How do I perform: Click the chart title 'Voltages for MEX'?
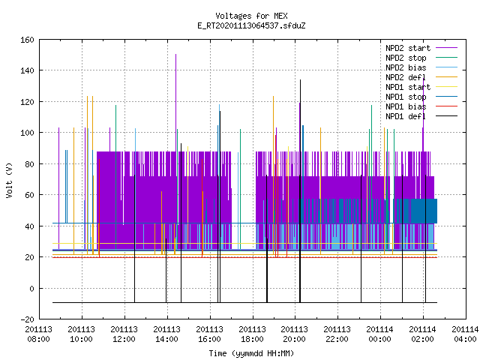pyautogui.click(x=251, y=16)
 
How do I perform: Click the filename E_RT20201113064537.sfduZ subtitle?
pyautogui.click(x=251, y=25)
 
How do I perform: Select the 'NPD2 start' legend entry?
pyautogui.click(x=421, y=48)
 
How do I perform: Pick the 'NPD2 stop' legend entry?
pyautogui.click(x=421, y=58)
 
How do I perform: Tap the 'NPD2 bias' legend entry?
pyautogui.click(x=421, y=67)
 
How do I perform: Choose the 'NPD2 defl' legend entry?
pyautogui.click(x=421, y=77)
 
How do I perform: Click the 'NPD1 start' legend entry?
pyautogui.click(x=421, y=87)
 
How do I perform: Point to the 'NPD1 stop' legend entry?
pyautogui.click(x=421, y=97)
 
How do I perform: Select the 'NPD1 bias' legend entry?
pyautogui.click(x=421, y=106)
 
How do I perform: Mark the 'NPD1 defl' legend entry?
pyautogui.click(x=421, y=117)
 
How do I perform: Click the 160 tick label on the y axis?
pyautogui.click(x=27, y=40)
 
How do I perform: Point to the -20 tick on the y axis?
pyautogui.click(x=27, y=319)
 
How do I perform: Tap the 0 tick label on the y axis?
pyautogui.click(x=31, y=289)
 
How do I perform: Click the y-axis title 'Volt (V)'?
pyautogui.click(x=10, y=180)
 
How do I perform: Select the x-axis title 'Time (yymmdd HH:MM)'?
pyautogui.click(x=251, y=353)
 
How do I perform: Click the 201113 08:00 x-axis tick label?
pyautogui.click(x=38, y=334)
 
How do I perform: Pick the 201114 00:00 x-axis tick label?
pyautogui.click(x=380, y=334)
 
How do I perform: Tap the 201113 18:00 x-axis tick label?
pyautogui.click(x=252, y=334)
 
